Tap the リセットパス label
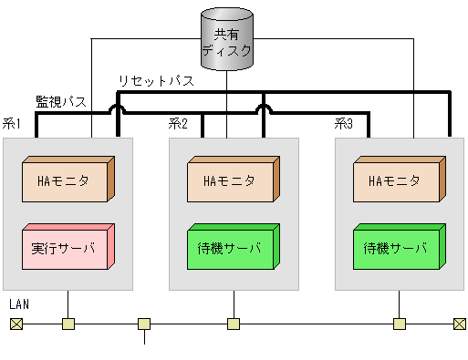(155, 81)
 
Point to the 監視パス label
(61, 100)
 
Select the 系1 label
(13, 124)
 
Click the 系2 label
(178, 124)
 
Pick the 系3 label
(344, 124)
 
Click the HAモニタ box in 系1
(67, 180)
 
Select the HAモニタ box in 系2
(232, 180)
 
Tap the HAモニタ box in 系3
(398, 180)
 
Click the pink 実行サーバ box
(67, 248)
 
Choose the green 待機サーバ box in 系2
(232, 248)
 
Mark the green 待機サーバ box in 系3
(398, 248)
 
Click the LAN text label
(19, 303)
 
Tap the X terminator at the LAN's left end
(16, 324)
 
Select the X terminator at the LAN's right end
(459, 324)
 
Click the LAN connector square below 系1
(68, 324)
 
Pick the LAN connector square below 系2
(234, 324)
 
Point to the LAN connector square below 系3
(399, 324)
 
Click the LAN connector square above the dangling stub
(144, 324)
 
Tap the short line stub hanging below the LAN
(144, 338)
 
